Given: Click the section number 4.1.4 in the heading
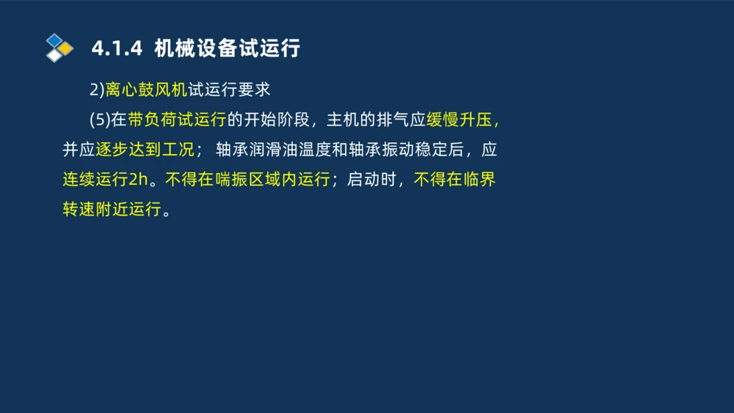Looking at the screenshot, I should pos(116,49).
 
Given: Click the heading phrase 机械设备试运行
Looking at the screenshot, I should pos(228,49).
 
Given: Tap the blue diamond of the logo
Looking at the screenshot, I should pos(54,39).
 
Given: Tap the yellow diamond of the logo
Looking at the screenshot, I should pos(66,48).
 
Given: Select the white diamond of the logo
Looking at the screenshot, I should pos(54,56).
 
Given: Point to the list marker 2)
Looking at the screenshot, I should pos(98,90).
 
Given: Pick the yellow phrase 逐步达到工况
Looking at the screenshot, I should pos(145,150).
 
